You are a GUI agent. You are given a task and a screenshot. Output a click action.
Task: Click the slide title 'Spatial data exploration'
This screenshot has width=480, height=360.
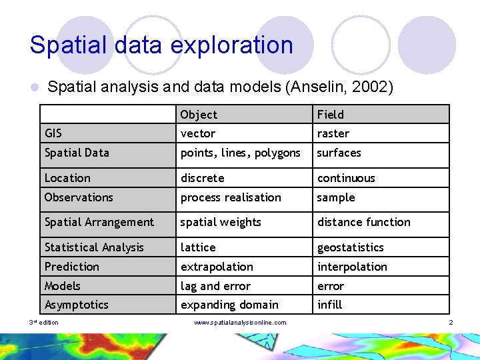[161, 45]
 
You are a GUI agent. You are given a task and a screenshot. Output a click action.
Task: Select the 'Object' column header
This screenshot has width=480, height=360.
[199, 115]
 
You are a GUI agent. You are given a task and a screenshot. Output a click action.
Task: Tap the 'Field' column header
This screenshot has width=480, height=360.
[331, 115]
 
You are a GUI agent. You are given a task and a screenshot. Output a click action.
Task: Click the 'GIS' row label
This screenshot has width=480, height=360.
[53, 133]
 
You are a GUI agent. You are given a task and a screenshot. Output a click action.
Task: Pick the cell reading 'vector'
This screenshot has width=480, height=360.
[198, 133]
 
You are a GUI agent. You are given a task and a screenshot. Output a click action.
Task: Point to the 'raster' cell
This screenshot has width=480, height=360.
[333, 133]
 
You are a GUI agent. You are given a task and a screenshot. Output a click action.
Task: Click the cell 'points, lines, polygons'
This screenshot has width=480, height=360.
[241, 153]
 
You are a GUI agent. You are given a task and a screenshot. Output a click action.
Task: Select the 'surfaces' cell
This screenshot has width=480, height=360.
[339, 153]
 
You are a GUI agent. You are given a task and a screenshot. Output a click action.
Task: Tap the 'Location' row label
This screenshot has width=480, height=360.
[67, 178]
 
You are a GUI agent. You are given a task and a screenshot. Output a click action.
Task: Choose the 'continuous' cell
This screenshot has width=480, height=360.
[346, 178]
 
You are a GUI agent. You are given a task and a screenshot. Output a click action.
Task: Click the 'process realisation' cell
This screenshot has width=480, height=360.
[231, 197]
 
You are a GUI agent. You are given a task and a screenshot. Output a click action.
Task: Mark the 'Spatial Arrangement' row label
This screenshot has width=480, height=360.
[99, 222]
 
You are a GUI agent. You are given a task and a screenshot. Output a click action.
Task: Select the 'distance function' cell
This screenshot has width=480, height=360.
[364, 222]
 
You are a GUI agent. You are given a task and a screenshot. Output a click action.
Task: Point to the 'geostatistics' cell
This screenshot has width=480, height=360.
[351, 247]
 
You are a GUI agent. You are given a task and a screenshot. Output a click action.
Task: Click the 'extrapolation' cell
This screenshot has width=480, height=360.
[217, 267]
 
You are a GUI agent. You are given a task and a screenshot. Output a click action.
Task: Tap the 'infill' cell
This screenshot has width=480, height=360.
[329, 305]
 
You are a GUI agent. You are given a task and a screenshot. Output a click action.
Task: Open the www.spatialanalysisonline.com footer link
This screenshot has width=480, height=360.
[240, 323]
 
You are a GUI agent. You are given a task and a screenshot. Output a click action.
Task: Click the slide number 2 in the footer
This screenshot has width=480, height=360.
[451, 323]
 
